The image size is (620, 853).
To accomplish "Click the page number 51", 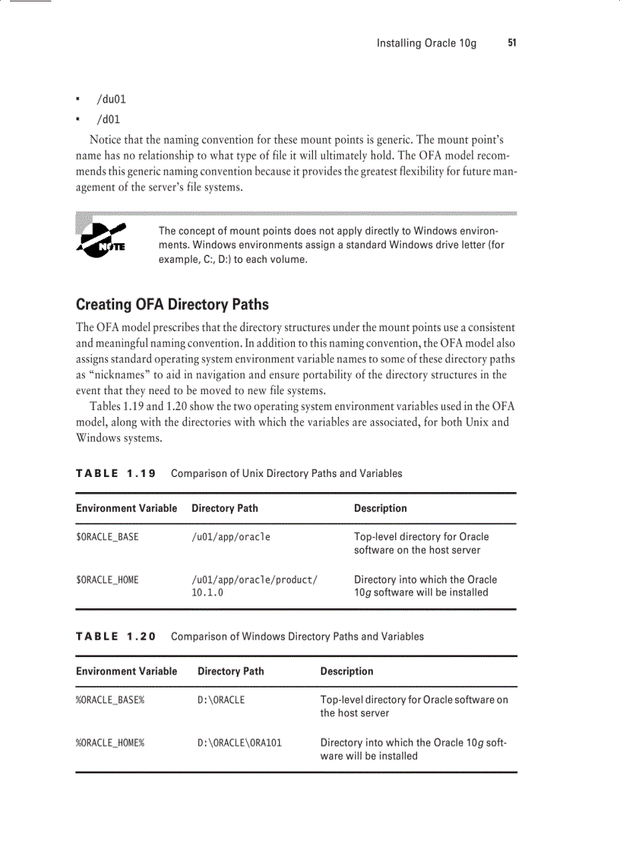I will point(512,43).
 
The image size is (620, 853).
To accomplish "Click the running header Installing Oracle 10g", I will point(426,43).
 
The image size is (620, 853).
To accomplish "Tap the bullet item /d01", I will point(108,119).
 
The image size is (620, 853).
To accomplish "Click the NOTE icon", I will point(101,240).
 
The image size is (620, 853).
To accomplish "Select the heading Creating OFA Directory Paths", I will point(172,305).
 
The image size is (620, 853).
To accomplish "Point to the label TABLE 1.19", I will point(115,473).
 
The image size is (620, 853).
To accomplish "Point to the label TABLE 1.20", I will point(115,637).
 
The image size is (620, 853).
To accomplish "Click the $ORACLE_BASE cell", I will point(107,537).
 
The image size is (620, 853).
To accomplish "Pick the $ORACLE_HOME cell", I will point(107,580).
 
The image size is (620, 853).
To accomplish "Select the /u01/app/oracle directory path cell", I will point(231,537).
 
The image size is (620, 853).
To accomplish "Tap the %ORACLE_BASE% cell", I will point(110,700).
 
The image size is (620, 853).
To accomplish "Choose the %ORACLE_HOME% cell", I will point(110,742).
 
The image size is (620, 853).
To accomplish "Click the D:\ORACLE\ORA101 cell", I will point(239,742).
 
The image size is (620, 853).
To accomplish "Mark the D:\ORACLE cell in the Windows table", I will point(221,700).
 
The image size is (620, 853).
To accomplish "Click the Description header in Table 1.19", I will point(380,508).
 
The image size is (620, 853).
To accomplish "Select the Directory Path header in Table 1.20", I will point(231,671).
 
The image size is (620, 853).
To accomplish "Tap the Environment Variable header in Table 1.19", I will point(126,508).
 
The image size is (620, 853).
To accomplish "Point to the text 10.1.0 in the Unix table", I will point(207,592).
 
